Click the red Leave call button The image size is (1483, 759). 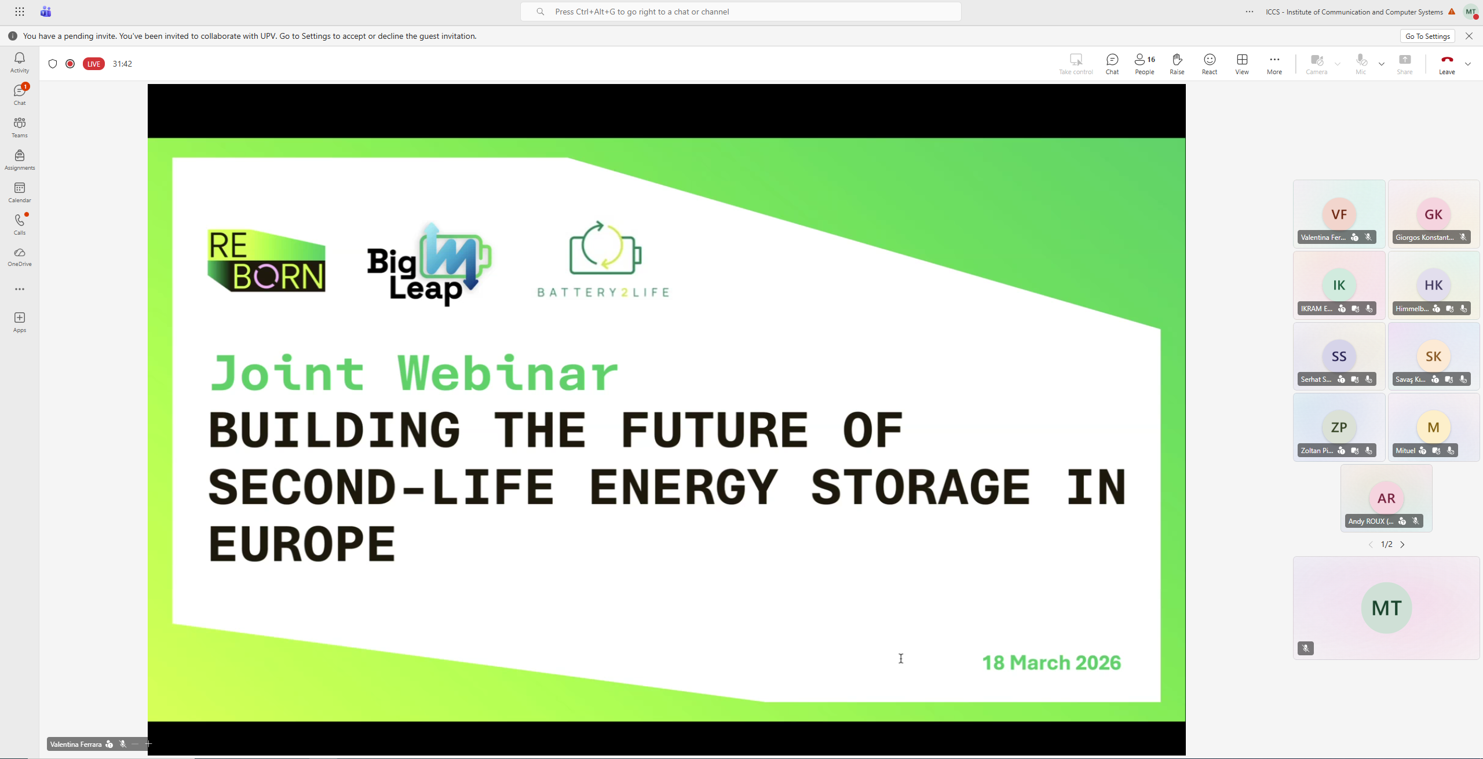click(x=1447, y=63)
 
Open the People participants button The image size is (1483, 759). click(x=1144, y=63)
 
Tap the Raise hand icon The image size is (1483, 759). click(x=1177, y=63)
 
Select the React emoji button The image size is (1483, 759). click(x=1210, y=63)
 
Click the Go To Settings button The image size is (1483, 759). click(x=1427, y=36)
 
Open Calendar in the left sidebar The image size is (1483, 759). click(x=20, y=192)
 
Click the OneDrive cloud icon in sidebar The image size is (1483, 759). click(x=20, y=253)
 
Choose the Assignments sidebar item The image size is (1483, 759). click(x=20, y=160)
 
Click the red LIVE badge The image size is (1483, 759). click(x=94, y=64)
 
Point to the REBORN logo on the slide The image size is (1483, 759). click(x=266, y=260)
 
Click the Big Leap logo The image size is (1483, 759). click(x=429, y=264)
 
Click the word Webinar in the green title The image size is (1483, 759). click(x=508, y=373)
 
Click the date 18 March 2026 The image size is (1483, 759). click(x=1051, y=662)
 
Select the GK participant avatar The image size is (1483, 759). click(x=1433, y=214)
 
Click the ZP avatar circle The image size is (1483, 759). click(x=1339, y=427)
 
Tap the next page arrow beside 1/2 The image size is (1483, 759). click(x=1402, y=545)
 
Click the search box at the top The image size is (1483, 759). click(x=740, y=12)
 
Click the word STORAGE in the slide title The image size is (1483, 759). click(x=920, y=487)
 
